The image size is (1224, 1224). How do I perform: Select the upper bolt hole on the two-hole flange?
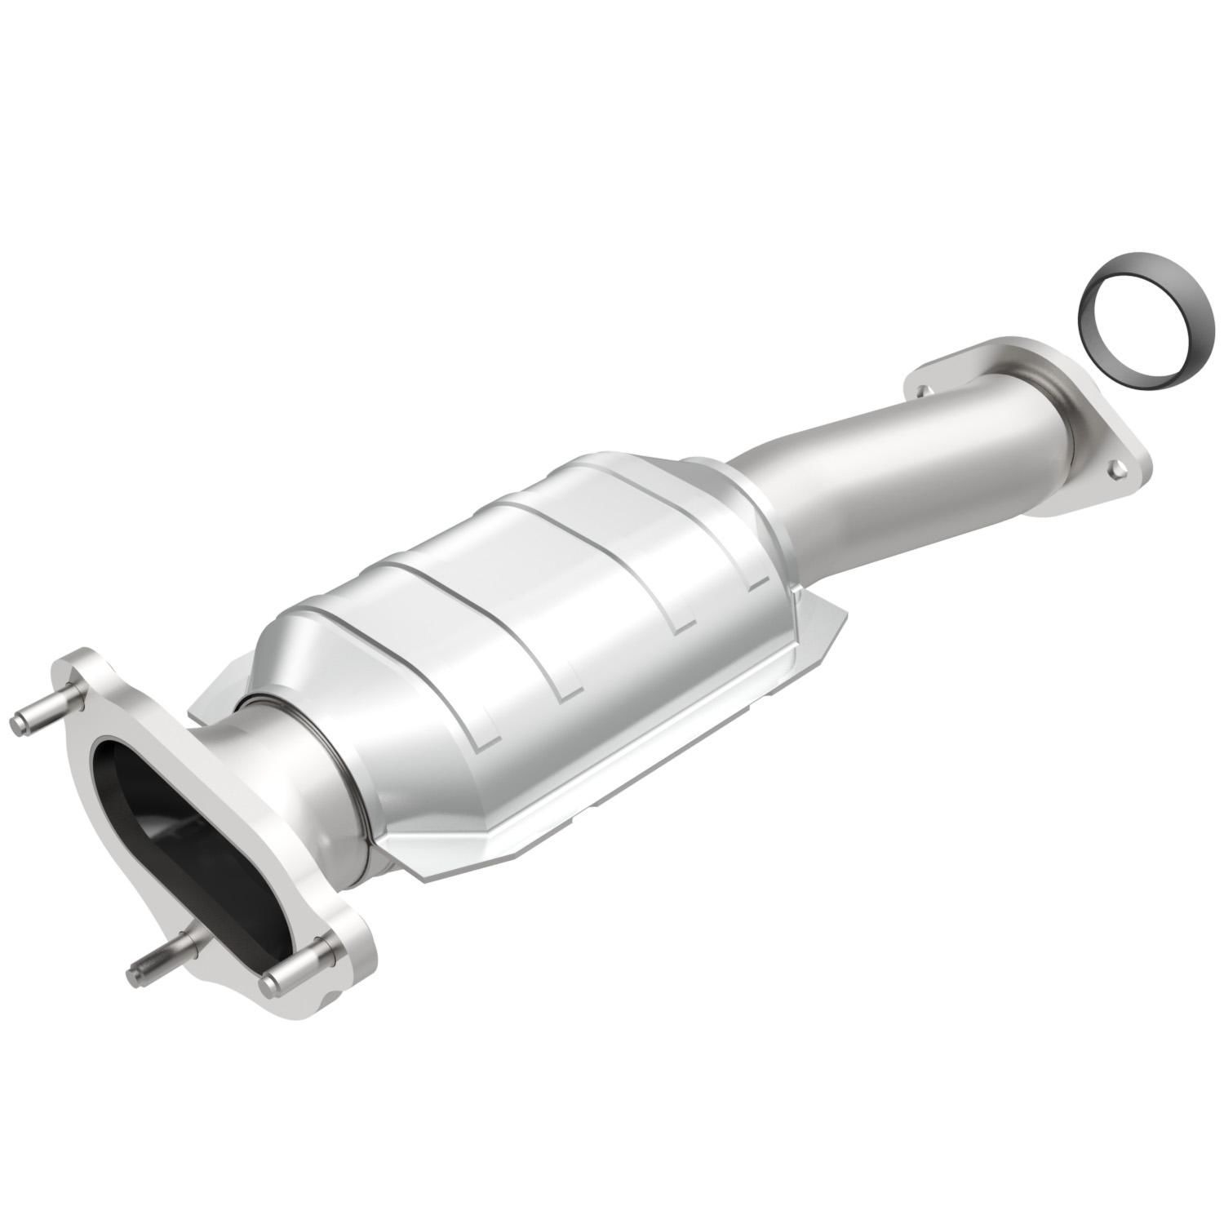click(920, 391)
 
